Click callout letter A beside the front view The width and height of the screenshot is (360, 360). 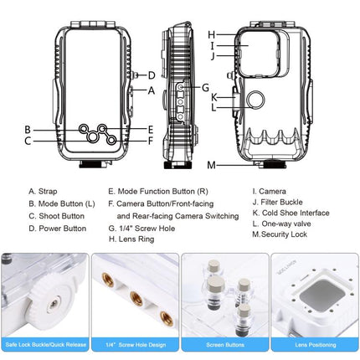[x=152, y=90]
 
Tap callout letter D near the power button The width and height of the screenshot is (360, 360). [x=152, y=75]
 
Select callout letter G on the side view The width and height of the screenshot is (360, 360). [x=206, y=87]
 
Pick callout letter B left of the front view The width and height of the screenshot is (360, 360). [x=28, y=129]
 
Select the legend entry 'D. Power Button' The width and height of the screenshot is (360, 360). [x=57, y=228]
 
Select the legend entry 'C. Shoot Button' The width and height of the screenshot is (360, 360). [x=56, y=215]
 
